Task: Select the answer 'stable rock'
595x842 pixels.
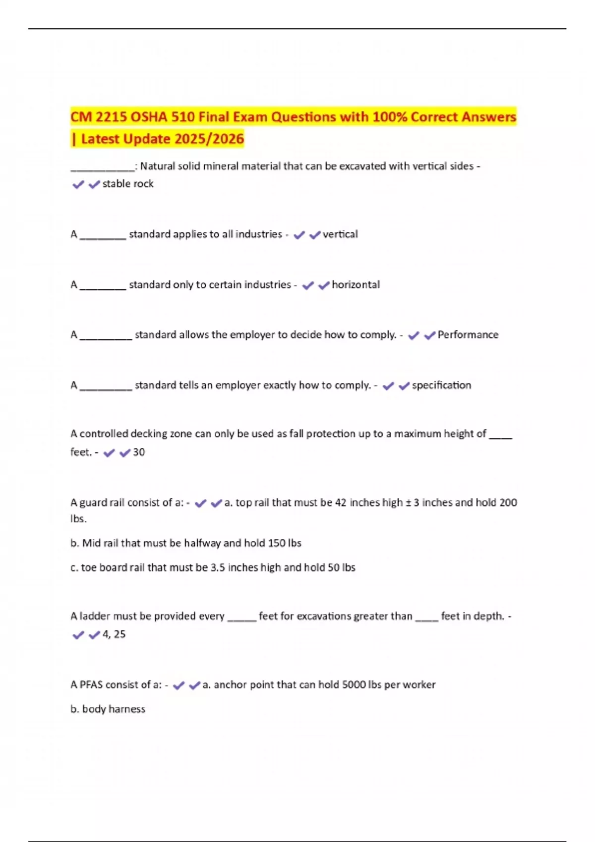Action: click(x=128, y=184)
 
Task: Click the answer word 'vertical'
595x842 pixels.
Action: click(x=340, y=234)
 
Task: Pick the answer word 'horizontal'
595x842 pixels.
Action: click(x=356, y=285)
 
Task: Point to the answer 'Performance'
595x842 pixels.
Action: click(x=468, y=335)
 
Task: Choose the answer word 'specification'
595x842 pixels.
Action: click(x=441, y=385)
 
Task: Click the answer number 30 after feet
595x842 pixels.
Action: click(x=139, y=452)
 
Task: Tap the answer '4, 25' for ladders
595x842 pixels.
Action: click(x=114, y=634)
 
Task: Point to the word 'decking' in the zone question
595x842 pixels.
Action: click(x=149, y=434)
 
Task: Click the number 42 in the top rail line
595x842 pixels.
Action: click(x=341, y=503)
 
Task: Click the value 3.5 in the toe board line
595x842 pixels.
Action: click(x=218, y=568)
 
